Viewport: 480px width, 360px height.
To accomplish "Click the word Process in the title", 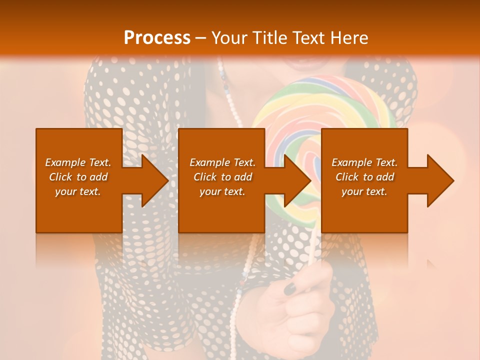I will point(157,38).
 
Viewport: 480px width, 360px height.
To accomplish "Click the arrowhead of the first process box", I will point(154,180).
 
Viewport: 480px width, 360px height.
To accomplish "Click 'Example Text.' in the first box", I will point(78,162).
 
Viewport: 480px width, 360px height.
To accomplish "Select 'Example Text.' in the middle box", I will point(222,162).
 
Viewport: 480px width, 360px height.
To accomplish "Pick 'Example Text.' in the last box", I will point(364,162).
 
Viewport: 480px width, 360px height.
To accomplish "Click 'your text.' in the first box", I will point(78,191).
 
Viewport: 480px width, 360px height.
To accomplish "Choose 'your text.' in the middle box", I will point(222,191).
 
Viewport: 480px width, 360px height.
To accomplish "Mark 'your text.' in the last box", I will point(364,191).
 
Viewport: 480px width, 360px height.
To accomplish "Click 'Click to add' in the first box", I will point(78,177).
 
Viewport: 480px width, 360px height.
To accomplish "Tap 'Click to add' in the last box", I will point(364,177).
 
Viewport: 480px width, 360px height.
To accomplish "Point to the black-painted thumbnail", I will point(290,288).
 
